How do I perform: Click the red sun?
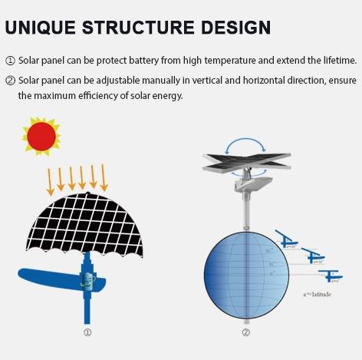click(41, 136)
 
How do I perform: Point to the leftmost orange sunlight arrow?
click(51, 180)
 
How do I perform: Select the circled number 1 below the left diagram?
click(87, 332)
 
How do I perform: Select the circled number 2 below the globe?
click(245, 332)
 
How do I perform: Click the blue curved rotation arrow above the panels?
click(246, 146)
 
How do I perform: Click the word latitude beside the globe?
click(318, 294)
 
